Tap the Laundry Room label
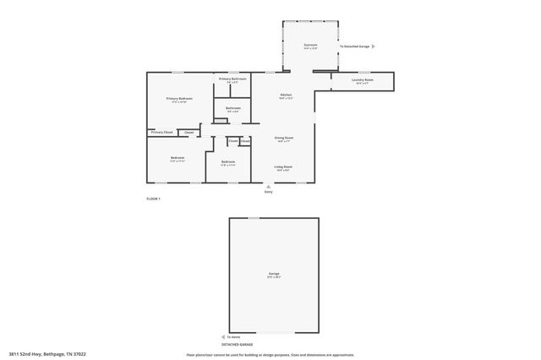click(x=362, y=81)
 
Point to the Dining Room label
click(x=283, y=137)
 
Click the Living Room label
click(x=283, y=166)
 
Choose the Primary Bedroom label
click(x=179, y=99)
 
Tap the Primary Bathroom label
click(x=232, y=79)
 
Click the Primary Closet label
click(x=161, y=132)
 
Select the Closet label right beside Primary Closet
click(x=189, y=132)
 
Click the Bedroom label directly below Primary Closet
click(x=178, y=157)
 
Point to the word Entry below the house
click(x=268, y=193)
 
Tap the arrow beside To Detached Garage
click(x=374, y=46)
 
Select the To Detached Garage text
click(x=355, y=46)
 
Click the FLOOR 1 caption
click(x=153, y=198)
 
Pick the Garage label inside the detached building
click(x=274, y=274)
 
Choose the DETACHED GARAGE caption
click(x=237, y=344)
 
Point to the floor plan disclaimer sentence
click(x=270, y=355)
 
